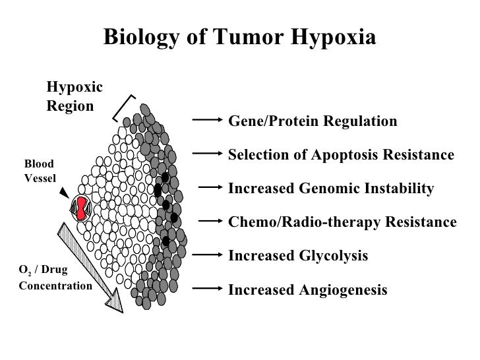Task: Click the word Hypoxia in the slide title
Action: tap(332, 38)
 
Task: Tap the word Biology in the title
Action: tap(138, 38)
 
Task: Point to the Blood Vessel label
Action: tap(40, 171)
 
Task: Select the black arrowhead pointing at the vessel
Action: tap(63, 193)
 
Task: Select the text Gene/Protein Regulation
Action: tap(312, 122)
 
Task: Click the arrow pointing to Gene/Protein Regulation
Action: tap(208, 119)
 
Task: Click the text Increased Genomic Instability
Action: tap(330, 189)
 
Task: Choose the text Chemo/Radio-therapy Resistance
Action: tap(342, 222)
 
